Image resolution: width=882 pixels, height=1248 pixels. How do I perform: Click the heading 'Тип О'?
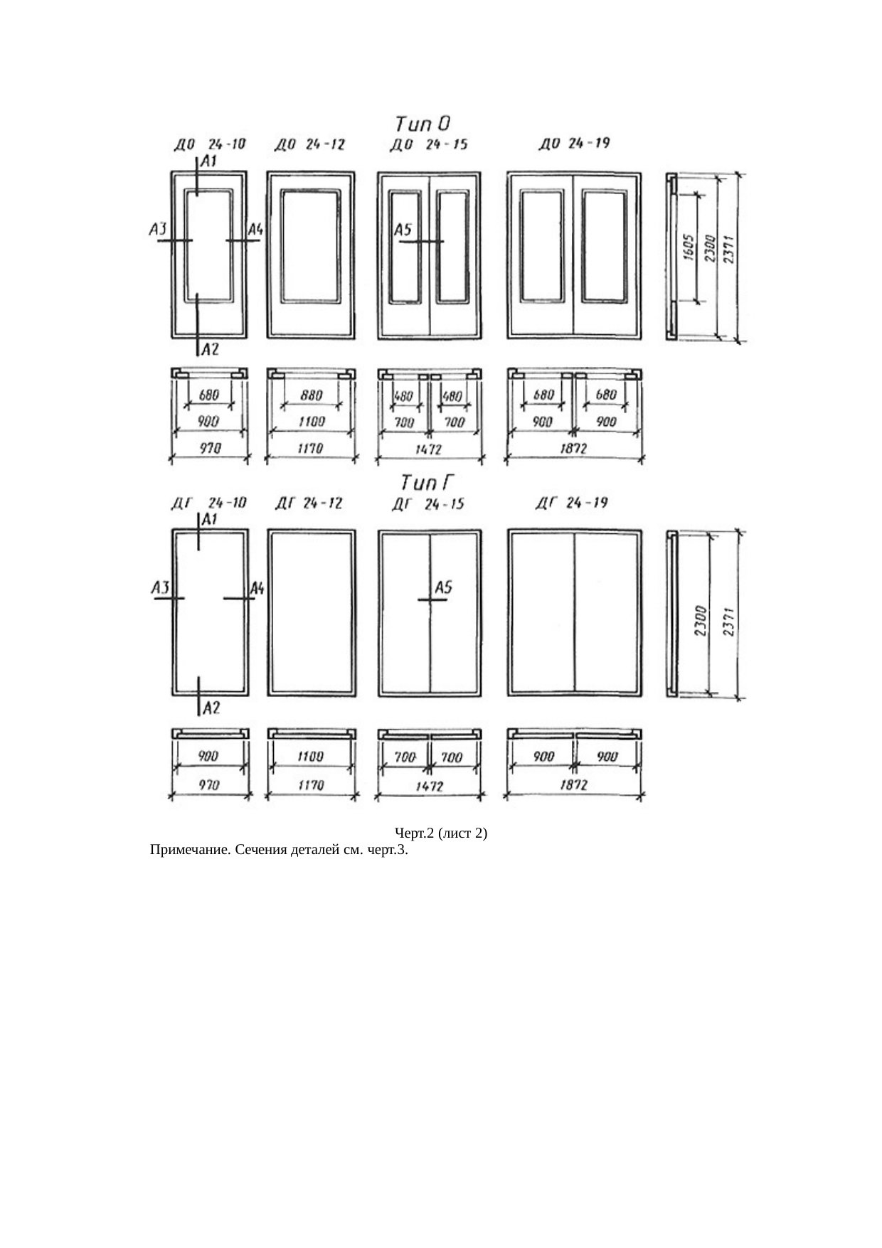pyautogui.click(x=423, y=124)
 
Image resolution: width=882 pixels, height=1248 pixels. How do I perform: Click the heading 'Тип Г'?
pyautogui.click(x=427, y=483)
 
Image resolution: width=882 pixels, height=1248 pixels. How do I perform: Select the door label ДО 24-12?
pyautogui.click(x=309, y=145)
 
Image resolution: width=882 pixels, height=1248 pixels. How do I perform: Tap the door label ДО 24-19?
pyautogui.click(x=574, y=144)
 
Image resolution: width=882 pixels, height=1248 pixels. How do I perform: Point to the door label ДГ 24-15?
pyautogui.click(x=428, y=504)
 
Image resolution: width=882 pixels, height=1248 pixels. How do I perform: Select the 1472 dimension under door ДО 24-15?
pyautogui.click(x=429, y=449)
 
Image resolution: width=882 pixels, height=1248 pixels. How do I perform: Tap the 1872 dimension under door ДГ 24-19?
pyautogui.click(x=574, y=785)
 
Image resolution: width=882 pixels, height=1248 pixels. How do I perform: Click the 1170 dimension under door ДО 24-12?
pyautogui.click(x=310, y=449)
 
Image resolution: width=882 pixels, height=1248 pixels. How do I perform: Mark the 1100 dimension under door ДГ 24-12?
pyautogui.click(x=310, y=757)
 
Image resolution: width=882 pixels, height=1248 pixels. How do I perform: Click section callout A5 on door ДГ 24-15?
pyautogui.click(x=443, y=587)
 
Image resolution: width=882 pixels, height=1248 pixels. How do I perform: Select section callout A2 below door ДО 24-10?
pyautogui.click(x=211, y=349)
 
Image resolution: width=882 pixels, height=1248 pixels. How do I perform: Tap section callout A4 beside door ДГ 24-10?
pyautogui.click(x=257, y=588)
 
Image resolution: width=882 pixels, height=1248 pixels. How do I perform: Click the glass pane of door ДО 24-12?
pyautogui.click(x=310, y=245)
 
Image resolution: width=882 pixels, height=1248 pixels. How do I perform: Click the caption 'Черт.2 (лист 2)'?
pyautogui.click(x=440, y=833)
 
